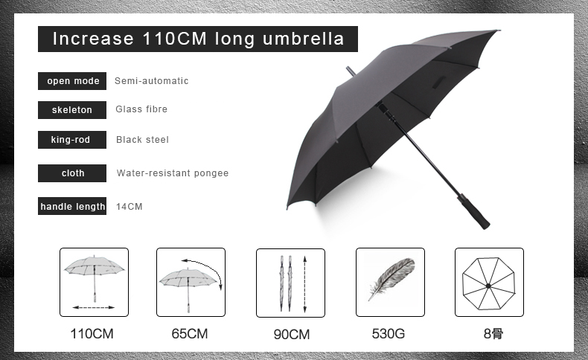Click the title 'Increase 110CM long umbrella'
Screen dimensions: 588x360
[x=198, y=39]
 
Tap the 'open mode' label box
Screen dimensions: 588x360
[x=72, y=81]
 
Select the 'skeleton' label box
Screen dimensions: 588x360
[x=72, y=110]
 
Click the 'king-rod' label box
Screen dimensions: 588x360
[x=72, y=140]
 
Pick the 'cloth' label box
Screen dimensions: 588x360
[x=72, y=173]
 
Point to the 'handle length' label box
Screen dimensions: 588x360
[x=72, y=206]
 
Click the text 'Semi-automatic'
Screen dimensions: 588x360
[x=152, y=81]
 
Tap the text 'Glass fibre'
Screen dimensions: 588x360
[x=141, y=109]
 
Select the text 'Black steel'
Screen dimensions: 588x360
[x=142, y=140]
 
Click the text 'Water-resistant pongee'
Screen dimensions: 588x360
[x=173, y=173]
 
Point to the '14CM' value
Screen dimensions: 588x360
[x=130, y=207]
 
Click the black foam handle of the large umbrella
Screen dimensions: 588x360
[x=473, y=212]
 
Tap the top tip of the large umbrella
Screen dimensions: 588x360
[x=348, y=68]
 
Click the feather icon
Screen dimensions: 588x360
[x=392, y=279]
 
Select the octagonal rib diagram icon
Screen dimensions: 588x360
[x=488, y=283]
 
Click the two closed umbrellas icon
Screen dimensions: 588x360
[x=286, y=283]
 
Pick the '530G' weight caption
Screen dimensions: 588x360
[x=389, y=333]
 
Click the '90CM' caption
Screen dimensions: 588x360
[x=291, y=334]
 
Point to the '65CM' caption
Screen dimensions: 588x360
[x=189, y=333]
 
